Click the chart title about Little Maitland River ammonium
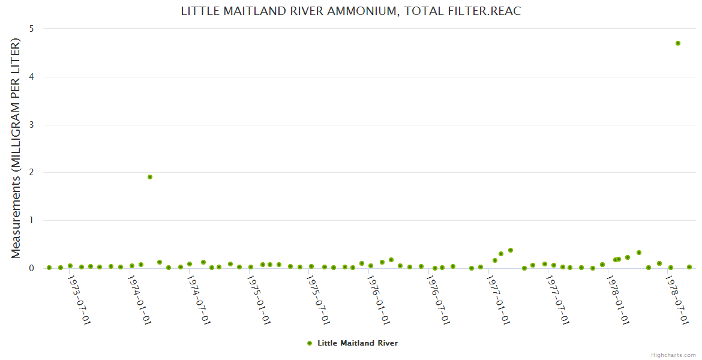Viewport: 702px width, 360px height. pyautogui.click(x=351, y=11)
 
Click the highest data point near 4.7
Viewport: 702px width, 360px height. pyautogui.click(x=678, y=43)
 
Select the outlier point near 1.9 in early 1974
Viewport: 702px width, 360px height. pyautogui.click(x=150, y=177)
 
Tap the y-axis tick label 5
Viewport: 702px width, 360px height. pyautogui.click(x=31, y=29)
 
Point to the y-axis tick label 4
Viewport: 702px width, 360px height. pyautogui.click(x=31, y=77)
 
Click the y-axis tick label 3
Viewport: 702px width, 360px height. pyautogui.click(x=31, y=125)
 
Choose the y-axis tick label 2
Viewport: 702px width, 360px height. pyautogui.click(x=31, y=173)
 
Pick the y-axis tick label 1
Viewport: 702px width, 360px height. pyautogui.click(x=31, y=220)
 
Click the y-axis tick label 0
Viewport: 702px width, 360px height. pyautogui.click(x=31, y=268)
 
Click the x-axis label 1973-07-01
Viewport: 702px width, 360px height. pyautogui.click(x=79, y=300)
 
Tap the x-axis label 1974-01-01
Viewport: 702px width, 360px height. pyautogui.click(x=139, y=300)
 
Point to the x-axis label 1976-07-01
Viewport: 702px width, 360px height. pyautogui.click(x=438, y=300)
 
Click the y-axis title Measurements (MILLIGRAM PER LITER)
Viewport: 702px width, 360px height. pyautogui.click(x=16, y=148)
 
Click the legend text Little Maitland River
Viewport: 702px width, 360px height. pyautogui.click(x=358, y=343)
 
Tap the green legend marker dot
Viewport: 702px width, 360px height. pyautogui.click(x=310, y=343)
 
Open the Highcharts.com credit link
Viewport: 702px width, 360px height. pyautogui.click(x=673, y=355)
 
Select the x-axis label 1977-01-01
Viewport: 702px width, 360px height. pyautogui.click(x=498, y=300)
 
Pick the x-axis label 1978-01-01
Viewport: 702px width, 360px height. pyautogui.click(x=618, y=300)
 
